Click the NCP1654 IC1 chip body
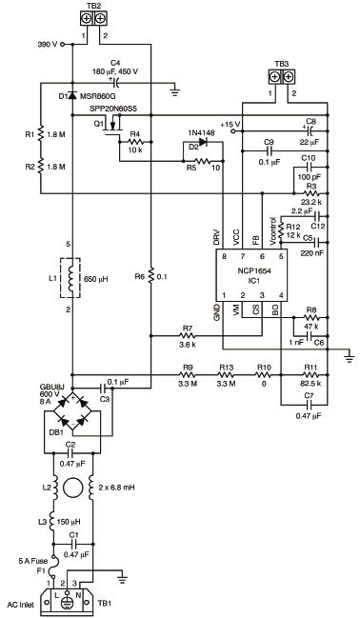250,275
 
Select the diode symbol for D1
72,95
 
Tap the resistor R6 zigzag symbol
150,277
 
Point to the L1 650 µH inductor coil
71,278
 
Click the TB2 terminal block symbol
93,18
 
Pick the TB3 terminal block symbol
282,76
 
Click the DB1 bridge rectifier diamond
72,410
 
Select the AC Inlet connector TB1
67,603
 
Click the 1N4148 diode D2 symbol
203,142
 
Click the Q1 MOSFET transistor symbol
114,126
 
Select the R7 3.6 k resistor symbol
188,336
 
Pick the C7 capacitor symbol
309,405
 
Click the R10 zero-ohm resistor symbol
264,375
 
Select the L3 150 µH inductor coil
52,521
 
